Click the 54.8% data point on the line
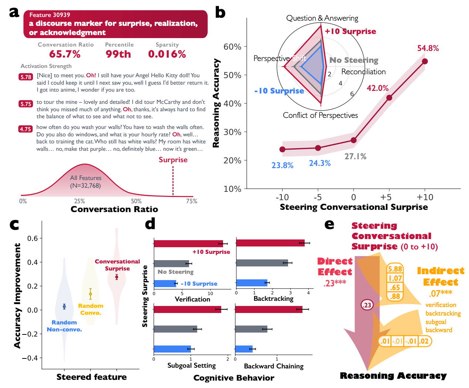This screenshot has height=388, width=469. (x=425, y=61)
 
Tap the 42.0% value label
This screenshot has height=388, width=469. (x=377, y=88)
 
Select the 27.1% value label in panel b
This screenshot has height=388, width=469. (x=355, y=156)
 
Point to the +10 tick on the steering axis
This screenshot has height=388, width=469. (x=425, y=197)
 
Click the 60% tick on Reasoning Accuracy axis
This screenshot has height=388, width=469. (x=232, y=47)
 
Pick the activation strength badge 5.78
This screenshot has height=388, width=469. (x=26, y=77)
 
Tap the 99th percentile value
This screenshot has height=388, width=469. (x=118, y=54)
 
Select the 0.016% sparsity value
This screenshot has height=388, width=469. (x=167, y=54)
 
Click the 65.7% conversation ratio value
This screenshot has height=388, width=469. (x=65, y=54)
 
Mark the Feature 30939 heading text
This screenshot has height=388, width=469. (x=50, y=15)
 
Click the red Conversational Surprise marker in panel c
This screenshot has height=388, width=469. (x=117, y=277)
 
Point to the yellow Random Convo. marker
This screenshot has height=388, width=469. (x=90, y=294)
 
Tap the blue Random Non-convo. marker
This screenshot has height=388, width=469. (x=64, y=306)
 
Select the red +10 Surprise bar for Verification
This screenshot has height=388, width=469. (x=188, y=244)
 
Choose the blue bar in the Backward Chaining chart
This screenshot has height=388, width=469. (x=244, y=349)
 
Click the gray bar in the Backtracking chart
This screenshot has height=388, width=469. (x=262, y=263)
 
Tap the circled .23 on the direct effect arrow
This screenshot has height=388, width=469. (x=367, y=305)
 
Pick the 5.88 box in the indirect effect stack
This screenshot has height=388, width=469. (x=395, y=269)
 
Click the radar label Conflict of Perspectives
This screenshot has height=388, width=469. (x=320, y=115)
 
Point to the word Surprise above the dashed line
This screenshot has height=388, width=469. (x=173, y=160)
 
